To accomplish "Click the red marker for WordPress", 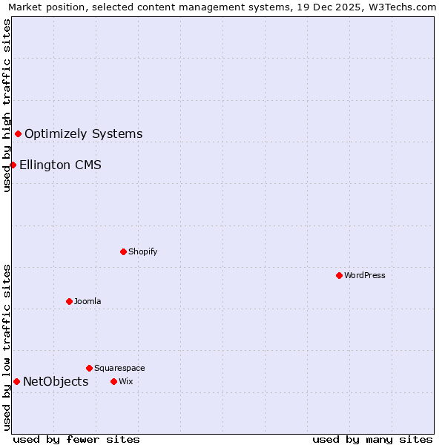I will (339, 275).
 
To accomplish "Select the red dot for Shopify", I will (123, 251).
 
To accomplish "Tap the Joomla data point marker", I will (69, 301).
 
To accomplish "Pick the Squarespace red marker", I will (89, 368).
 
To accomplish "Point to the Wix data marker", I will (113, 381).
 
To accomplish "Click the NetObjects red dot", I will (16, 381).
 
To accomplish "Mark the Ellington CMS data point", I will (13, 165).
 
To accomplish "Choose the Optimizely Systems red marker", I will (18, 133).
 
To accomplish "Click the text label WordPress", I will (365, 275).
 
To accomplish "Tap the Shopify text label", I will (143, 251).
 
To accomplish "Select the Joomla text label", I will (88, 301).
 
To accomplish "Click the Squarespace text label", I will (119, 368).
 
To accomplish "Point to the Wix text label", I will (125, 381).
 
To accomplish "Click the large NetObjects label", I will (56, 381).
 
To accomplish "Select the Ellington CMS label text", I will (60, 165).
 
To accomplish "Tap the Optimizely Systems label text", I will (83, 133).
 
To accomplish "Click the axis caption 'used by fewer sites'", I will (76, 439).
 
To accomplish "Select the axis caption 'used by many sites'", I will (372, 439).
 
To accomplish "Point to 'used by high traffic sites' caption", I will (7, 105).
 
